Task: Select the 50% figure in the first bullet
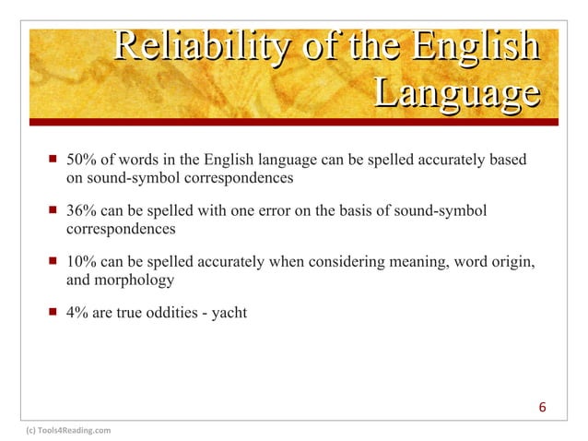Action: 83,161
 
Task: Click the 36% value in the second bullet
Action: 83,212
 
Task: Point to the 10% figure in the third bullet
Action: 83,263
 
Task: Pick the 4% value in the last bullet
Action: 78,313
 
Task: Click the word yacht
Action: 228,313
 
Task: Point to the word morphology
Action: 135,280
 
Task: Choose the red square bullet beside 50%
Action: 52,161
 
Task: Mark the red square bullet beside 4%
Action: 52,313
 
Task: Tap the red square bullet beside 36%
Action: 52,212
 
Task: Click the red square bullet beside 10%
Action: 52,263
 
